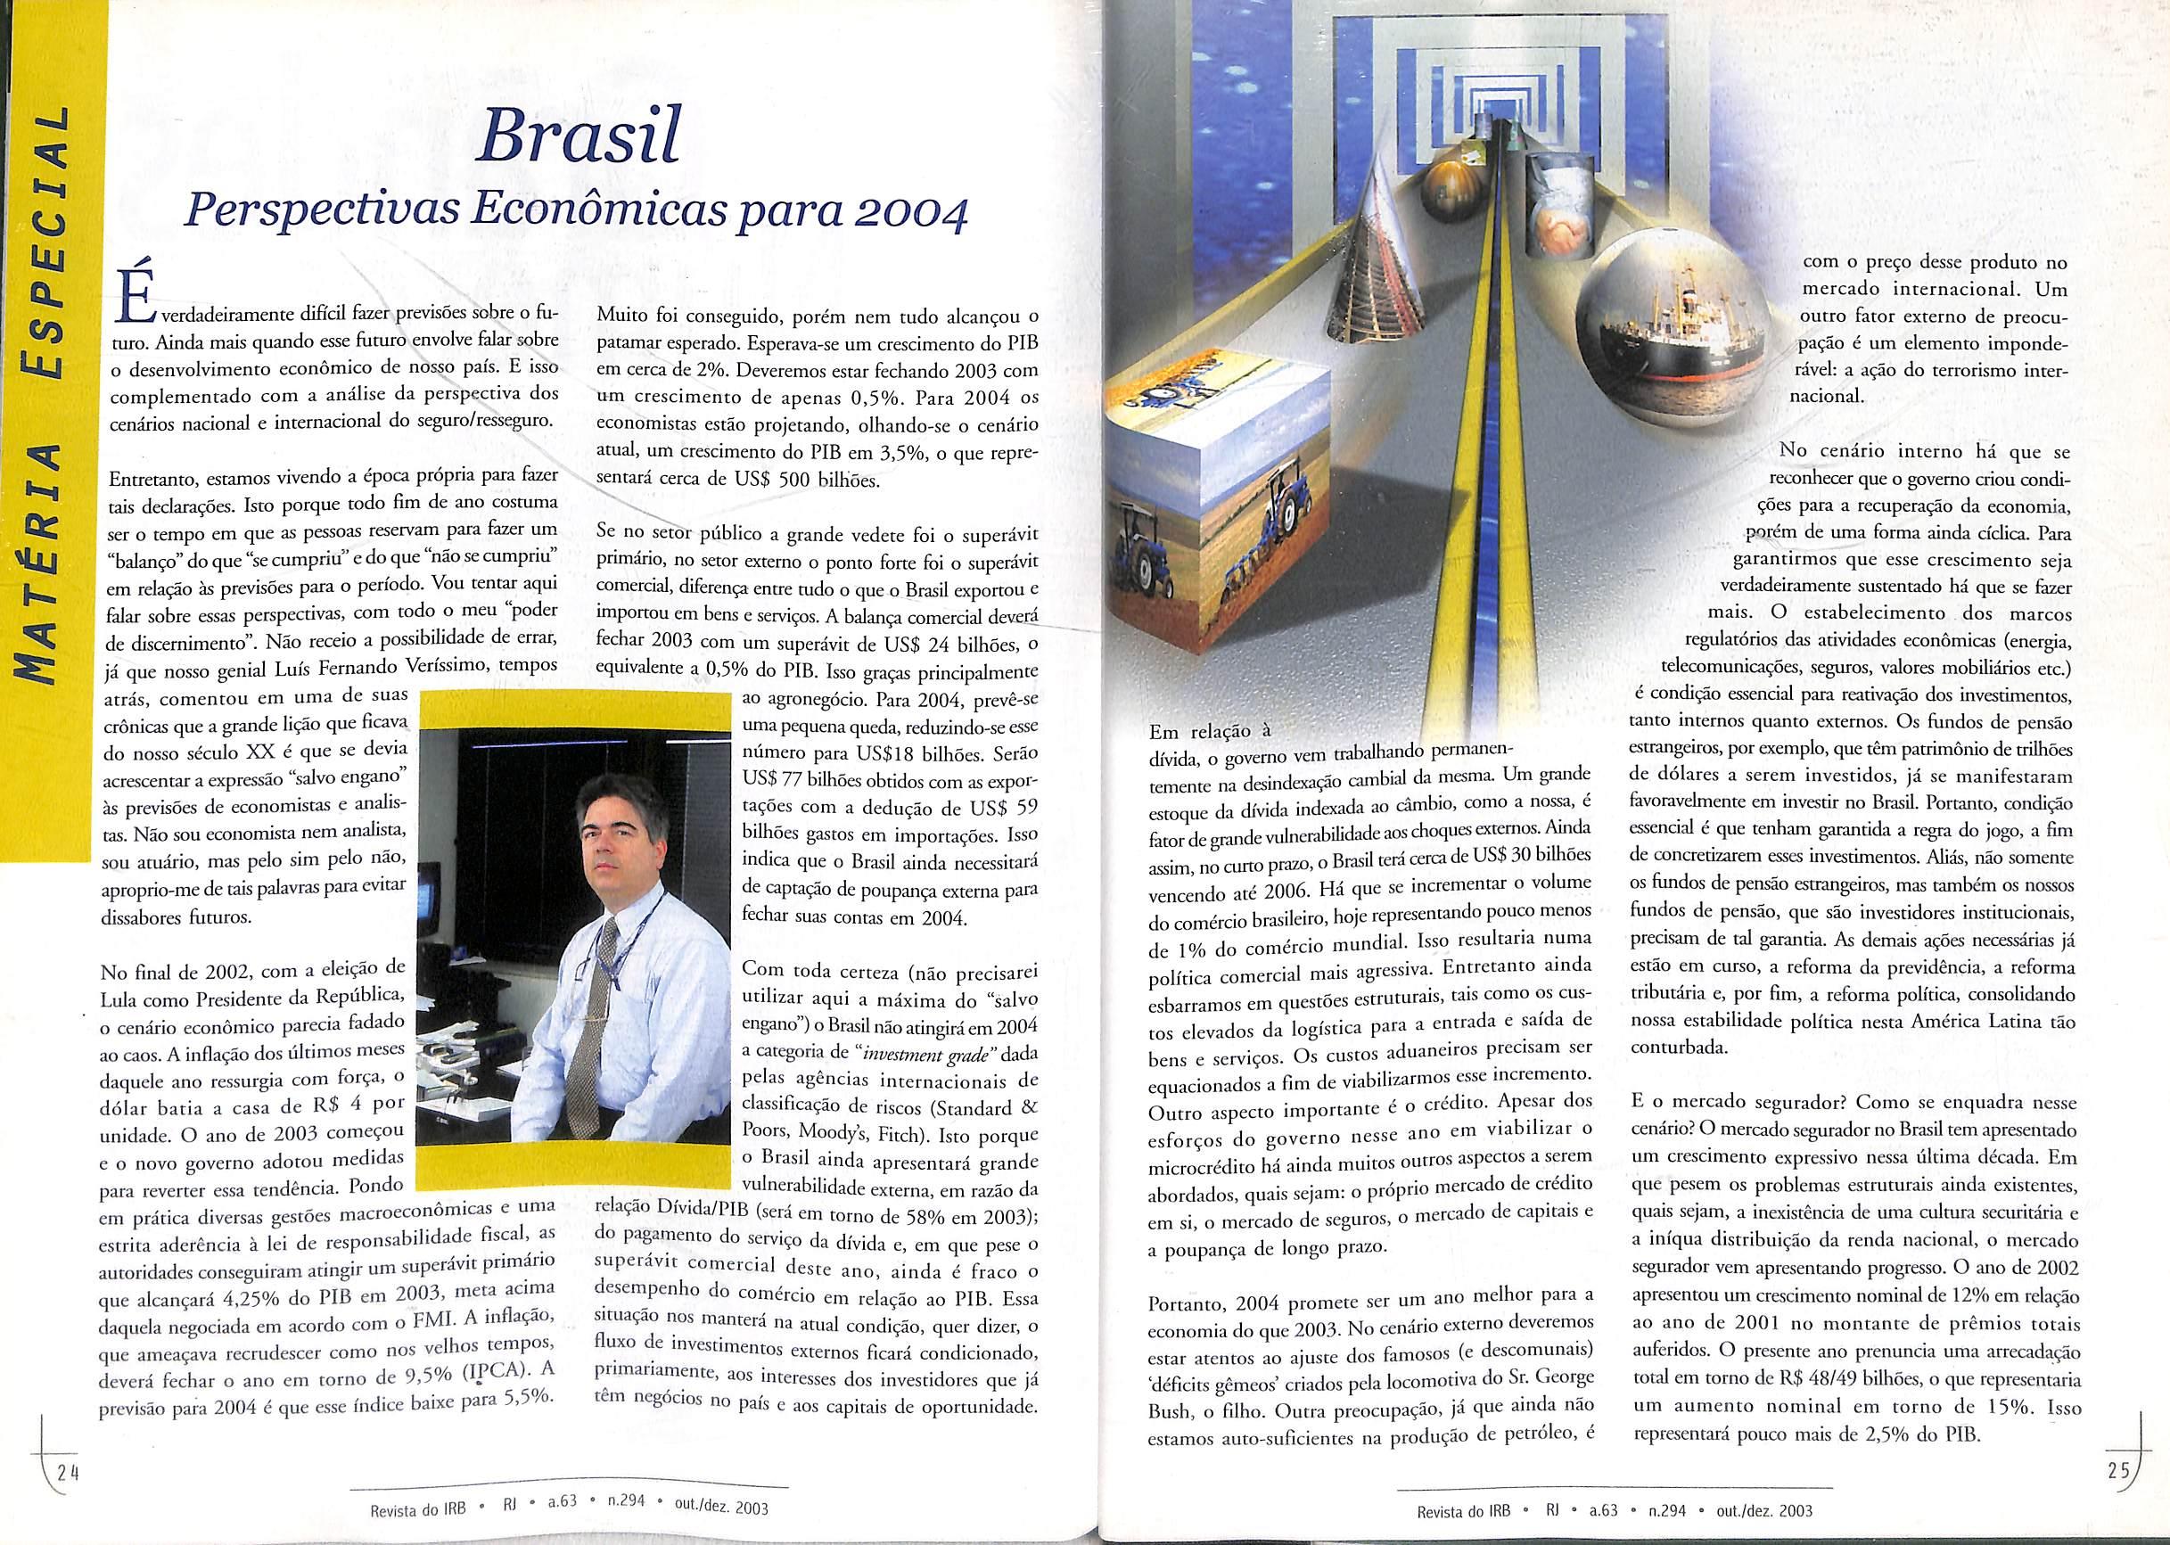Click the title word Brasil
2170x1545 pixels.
click(579, 137)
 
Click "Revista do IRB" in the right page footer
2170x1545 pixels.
click(1461, 1511)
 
